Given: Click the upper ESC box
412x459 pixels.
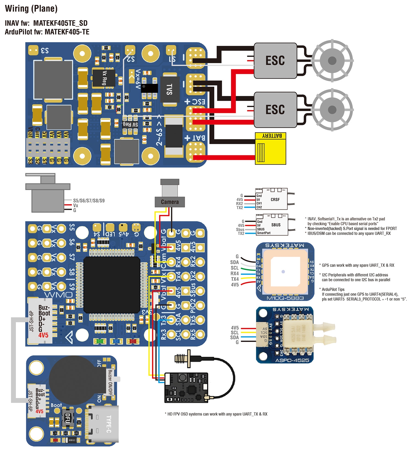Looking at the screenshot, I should click(x=275, y=60).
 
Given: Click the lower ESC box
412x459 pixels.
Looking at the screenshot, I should click(x=275, y=109).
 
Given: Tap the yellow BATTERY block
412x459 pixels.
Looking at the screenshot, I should click(x=271, y=149).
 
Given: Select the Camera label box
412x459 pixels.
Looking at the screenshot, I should click(x=170, y=202).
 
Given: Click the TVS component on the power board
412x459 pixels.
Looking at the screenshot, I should click(x=170, y=89).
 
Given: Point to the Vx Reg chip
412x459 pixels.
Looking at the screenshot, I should click(x=104, y=78).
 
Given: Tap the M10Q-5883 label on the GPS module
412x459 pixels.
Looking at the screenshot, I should click(x=285, y=298).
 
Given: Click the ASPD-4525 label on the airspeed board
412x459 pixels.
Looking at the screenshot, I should click(x=292, y=360).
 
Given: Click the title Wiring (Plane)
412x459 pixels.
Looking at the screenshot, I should click(x=31, y=9).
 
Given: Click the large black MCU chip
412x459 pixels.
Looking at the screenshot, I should click(x=112, y=285).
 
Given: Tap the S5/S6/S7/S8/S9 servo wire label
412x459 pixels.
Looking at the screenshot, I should click(x=89, y=201).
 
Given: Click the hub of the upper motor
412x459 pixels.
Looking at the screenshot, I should click(x=332, y=60).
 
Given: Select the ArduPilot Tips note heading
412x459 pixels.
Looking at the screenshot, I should click(x=333, y=289).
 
